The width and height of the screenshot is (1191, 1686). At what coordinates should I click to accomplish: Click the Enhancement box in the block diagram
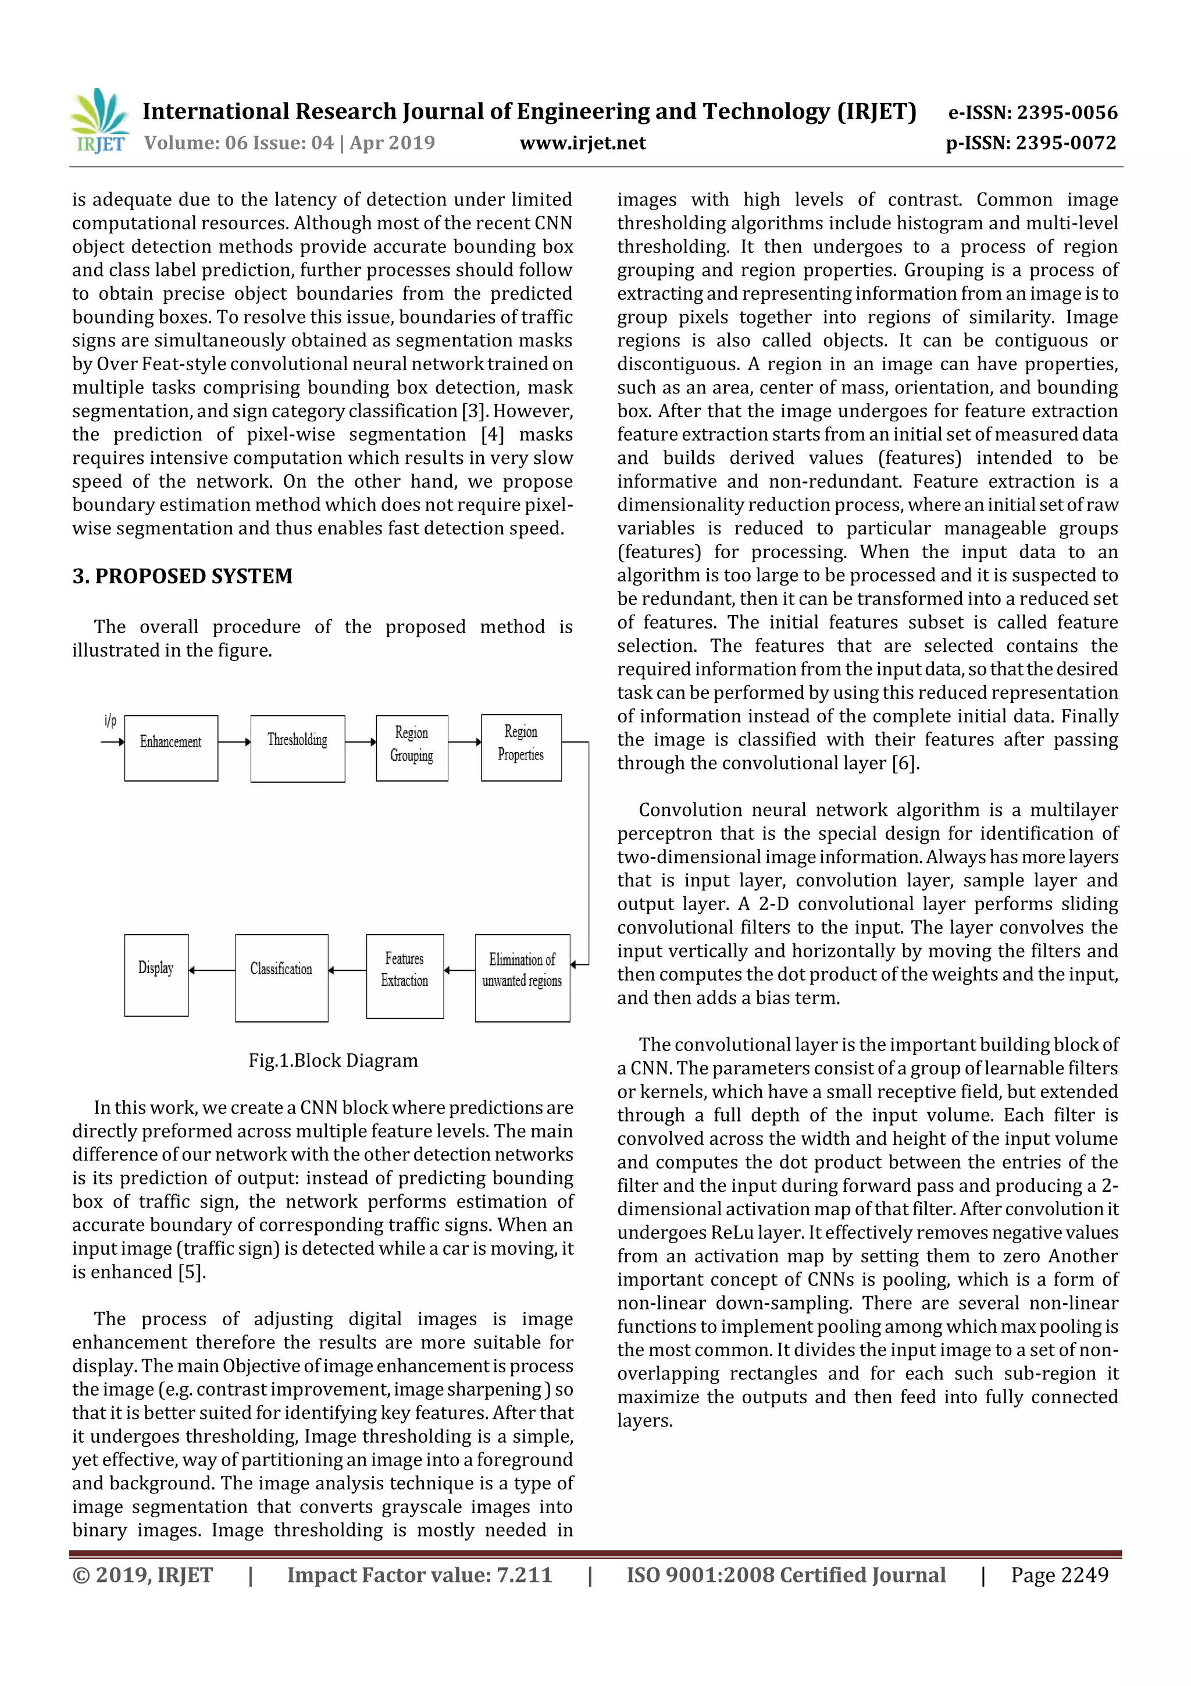point(171,747)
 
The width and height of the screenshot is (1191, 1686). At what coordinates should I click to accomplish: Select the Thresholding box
point(297,747)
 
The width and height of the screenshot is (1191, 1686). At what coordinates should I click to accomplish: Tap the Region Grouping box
point(412,747)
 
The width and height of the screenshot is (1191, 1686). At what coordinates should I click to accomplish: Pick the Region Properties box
point(521,747)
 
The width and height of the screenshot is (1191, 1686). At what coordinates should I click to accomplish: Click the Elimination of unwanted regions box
point(522,977)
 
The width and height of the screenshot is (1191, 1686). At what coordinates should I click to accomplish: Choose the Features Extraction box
point(404,975)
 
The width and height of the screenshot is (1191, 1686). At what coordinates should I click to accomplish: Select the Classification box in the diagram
point(281,977)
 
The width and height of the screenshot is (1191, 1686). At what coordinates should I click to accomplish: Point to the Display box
point(156,974)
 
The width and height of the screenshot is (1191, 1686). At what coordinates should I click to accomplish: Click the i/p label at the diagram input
point(110,720)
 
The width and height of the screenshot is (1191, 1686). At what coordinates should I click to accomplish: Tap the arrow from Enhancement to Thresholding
point(234,741)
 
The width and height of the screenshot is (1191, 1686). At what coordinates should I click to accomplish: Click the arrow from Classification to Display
point(211,970)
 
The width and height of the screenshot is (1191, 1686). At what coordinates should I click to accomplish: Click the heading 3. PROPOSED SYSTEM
point(182,576)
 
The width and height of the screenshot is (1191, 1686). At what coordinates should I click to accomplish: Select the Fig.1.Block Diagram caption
point(333,1060)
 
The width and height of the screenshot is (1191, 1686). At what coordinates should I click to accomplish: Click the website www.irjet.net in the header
point(583,143)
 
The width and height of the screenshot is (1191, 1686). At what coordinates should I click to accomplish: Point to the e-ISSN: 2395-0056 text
point(1032,112)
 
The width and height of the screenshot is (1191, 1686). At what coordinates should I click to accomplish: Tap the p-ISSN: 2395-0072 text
point(1031,143)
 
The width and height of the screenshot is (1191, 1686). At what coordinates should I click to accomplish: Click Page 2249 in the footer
point(1059,1574)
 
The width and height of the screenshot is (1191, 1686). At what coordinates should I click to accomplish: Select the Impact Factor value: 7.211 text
point(419,1574)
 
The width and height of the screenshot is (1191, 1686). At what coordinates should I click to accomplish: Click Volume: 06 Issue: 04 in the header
point(238,143)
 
